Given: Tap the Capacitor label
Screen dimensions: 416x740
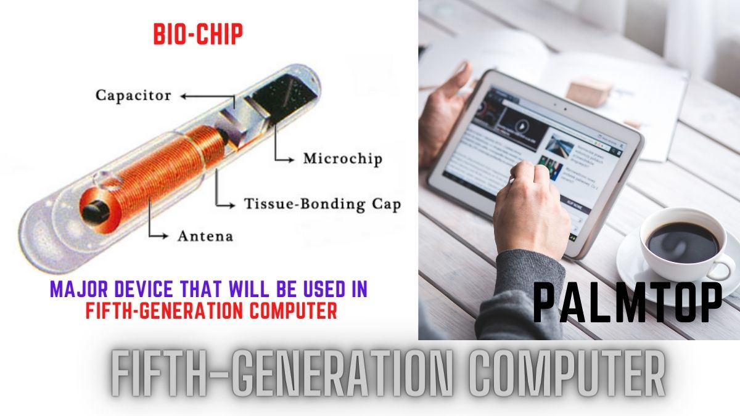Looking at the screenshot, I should [133, 96].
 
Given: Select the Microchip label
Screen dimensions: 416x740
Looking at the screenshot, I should [342, 158].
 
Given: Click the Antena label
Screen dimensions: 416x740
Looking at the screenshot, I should [205, 235].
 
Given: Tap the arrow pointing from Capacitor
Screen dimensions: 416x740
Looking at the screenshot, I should [203, 96].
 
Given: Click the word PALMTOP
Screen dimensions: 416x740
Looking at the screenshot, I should [627, 303].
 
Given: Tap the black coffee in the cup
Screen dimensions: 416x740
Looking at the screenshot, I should [682, 242].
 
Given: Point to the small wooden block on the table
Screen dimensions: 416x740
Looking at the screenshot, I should [589, 92].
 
